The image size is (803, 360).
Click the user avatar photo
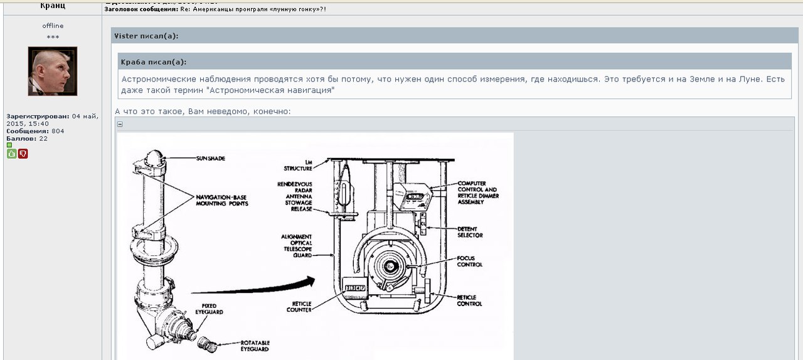(x=53, y=71)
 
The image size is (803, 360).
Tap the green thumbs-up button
(x=11, y=154)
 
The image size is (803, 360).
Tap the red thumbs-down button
(x=23, y=154)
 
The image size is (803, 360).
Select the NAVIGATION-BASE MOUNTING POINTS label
(x=221, y=200)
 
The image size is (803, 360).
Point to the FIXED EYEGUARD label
(x=208, y=309)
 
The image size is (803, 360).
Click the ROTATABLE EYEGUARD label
(x=255, y=346)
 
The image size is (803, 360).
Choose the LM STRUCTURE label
(x=297, y=165)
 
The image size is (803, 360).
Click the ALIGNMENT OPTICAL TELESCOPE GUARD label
(x=296, y=246)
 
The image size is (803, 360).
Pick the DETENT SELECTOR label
(x=470, y=232)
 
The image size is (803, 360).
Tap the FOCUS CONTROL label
(x=469, y=261)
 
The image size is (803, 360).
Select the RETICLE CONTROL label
(x=469, y=300)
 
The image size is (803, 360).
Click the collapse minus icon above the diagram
(x=120, y=124)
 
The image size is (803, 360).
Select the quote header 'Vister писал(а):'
(x=146, y=36)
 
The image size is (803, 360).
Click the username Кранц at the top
(x=53, y=6)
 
